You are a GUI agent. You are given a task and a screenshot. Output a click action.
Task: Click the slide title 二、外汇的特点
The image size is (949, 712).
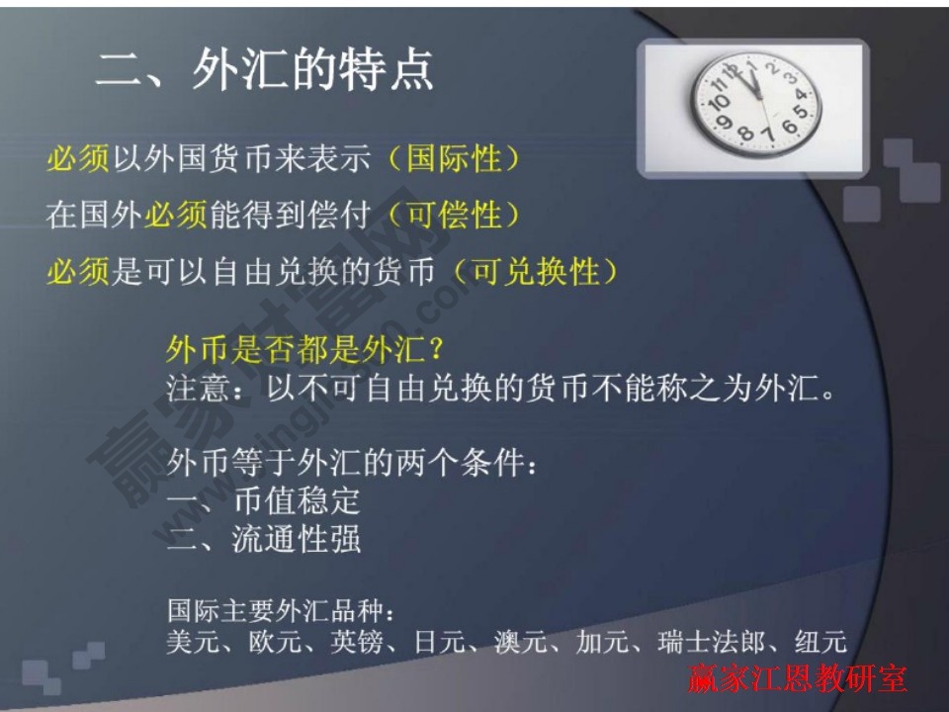[264, 71]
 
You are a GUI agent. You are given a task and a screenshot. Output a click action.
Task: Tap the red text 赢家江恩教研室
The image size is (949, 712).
[797, 680]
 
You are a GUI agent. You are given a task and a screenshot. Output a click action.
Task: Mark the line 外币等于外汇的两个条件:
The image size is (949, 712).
[352, 461]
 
